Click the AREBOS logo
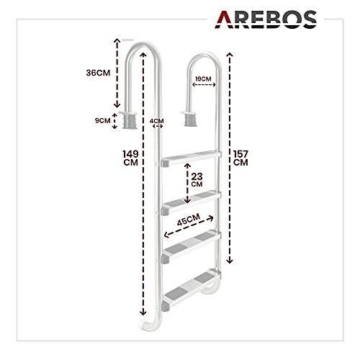[x=266, y=19]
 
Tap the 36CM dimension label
[x=98, y=73]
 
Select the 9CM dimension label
[x=102, y=120]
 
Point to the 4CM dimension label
[x=157, y=121]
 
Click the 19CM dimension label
[x=203, y=79]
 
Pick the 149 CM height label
[x=131, y=158]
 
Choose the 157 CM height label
[x=240, y=158]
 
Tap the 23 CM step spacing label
[x=197, y=179]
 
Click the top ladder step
[x=191, y=158]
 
